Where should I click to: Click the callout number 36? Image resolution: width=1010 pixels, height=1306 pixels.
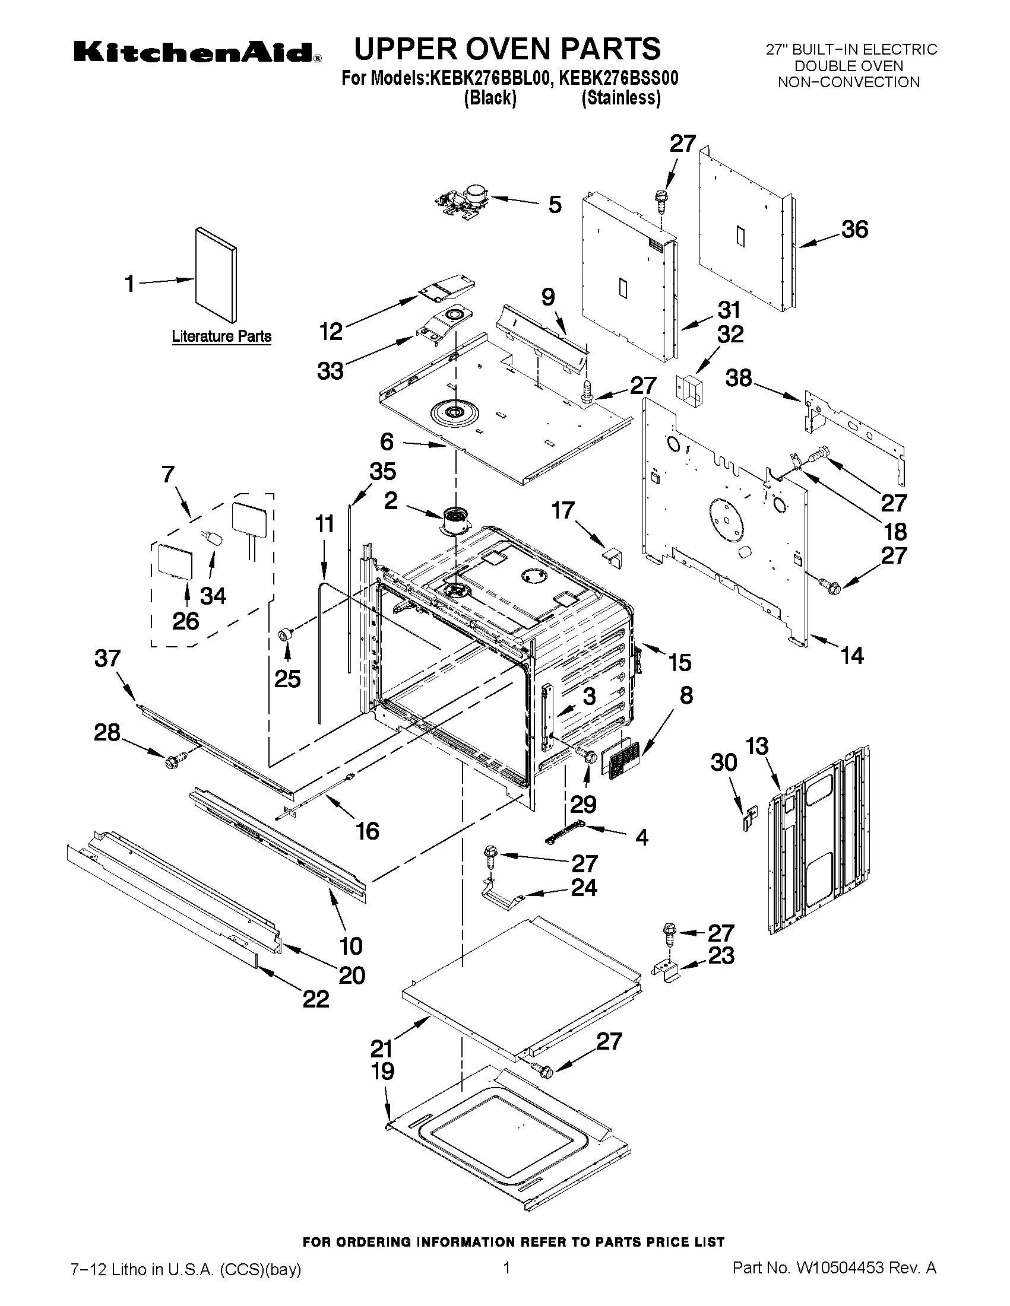(x=854, y=230)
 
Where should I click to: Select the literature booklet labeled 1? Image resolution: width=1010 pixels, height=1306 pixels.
(x=216, y=275)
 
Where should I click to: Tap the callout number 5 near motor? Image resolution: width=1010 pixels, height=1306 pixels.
(x=555, y=205)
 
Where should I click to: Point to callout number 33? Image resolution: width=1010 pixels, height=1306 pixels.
(x=330, y=370)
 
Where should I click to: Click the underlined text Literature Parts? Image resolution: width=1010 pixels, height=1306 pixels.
(x=221, y=336)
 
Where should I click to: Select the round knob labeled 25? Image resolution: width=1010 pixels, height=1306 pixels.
(x=286, y=634)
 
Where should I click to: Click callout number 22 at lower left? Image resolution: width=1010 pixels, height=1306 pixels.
(x=316, y=999)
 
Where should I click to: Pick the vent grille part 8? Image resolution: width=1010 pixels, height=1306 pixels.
(x=623, y=759)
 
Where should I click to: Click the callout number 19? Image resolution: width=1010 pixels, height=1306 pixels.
(x=383, y=1071)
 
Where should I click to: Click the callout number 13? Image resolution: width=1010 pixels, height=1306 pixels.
(x=757, y=746)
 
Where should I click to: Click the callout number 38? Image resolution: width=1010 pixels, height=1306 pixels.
(x=739, y=378)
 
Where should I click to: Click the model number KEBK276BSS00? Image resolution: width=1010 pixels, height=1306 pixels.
(x=619, y=79)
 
